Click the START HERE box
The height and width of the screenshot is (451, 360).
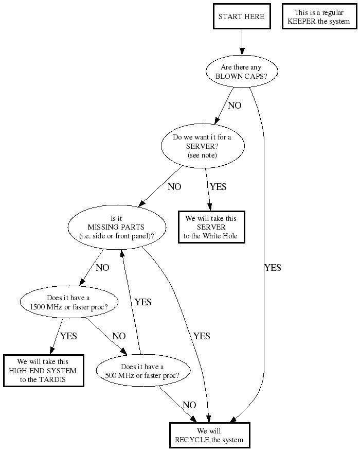click(x=241, y=16)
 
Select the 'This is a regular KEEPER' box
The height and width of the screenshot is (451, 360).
click(x=318, y=16)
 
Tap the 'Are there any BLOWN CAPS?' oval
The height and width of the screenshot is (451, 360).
click(x=241, y=72)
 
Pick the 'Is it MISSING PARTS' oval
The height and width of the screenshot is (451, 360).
click(x=117, y=227)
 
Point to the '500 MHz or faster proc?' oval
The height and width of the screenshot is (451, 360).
click(x=142, y=371)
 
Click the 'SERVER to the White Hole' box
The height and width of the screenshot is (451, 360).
click(x=211, y=227)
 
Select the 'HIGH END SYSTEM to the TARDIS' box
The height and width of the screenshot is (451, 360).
click(x=43, y=371)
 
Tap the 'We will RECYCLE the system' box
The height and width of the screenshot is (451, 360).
click(x=209, y=435)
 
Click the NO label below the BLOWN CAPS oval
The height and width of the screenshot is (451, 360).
click(x=235, y=106)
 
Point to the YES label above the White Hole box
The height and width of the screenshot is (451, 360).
click(x=218, y=187)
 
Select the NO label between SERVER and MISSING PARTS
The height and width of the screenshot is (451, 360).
click(x=174, y=187)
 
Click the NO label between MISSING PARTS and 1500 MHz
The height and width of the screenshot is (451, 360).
click(x=102, y=268)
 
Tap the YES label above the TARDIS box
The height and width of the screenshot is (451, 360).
click(x=68, y=336)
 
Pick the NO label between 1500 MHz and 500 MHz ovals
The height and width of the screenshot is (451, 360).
click(x=119, y=336)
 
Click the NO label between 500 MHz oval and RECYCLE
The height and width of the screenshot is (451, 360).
click(x=189, y=405)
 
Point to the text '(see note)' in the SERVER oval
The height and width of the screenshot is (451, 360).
click(x=202, y=155)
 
